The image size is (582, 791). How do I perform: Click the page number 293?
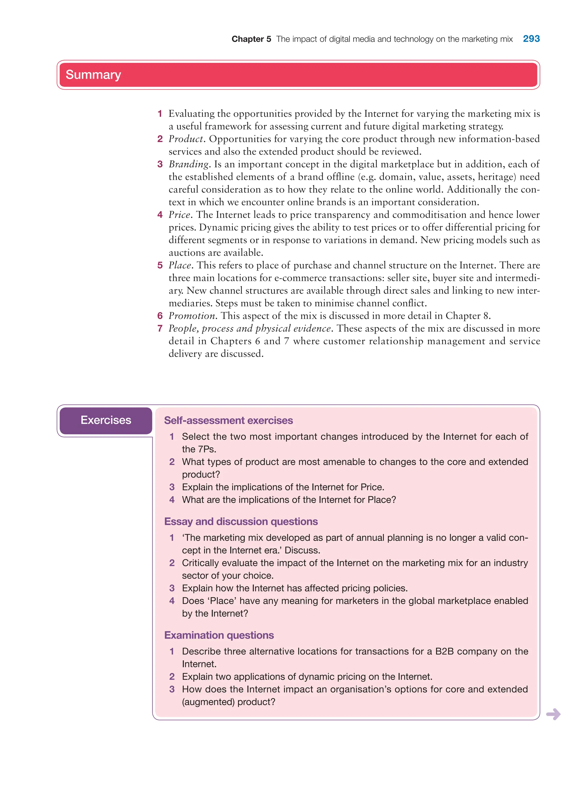coord(531,39)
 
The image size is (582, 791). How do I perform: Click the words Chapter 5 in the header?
coord(251,39)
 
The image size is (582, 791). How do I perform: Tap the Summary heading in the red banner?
coord(93,75)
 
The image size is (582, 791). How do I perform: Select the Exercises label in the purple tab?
coord(106,420)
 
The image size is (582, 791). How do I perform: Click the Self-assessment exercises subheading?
coord(228,420)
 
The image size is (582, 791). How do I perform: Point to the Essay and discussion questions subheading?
coord(241,522)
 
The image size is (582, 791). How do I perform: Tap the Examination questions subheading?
coord(219,635)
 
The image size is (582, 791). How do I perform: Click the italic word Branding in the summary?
coord(189,164)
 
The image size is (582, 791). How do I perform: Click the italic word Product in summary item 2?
coord(186,139)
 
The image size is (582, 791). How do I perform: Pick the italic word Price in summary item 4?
coord(179,215)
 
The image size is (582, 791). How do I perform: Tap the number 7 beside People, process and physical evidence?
coord(160,328)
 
